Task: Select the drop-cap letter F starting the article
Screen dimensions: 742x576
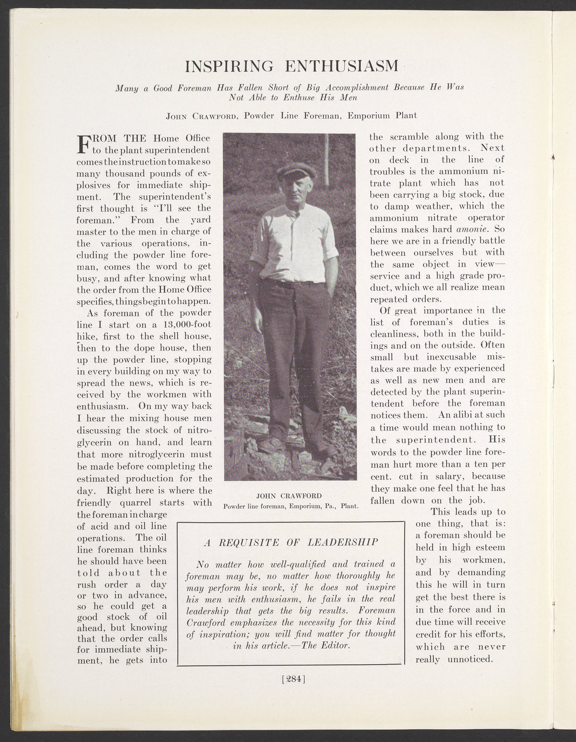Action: [84, 144]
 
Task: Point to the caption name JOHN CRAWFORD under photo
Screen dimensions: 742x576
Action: [289, 495]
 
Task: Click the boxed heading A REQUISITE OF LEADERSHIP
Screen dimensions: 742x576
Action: [291, 542]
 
